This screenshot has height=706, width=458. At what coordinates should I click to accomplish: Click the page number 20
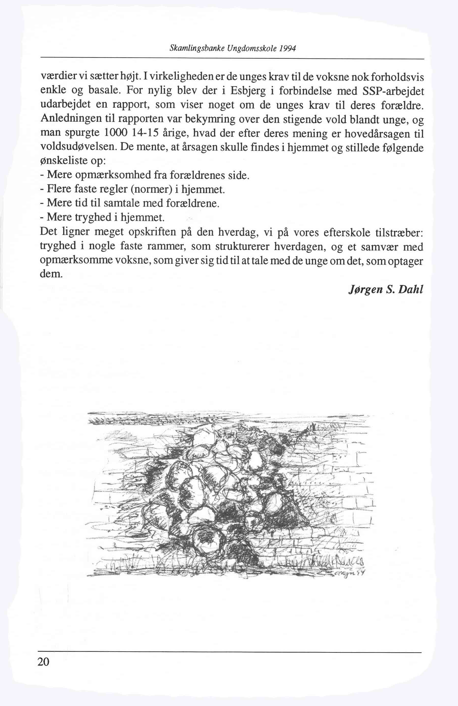coord(43,661)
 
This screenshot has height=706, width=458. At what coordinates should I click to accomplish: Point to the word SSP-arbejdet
coord(393,91)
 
